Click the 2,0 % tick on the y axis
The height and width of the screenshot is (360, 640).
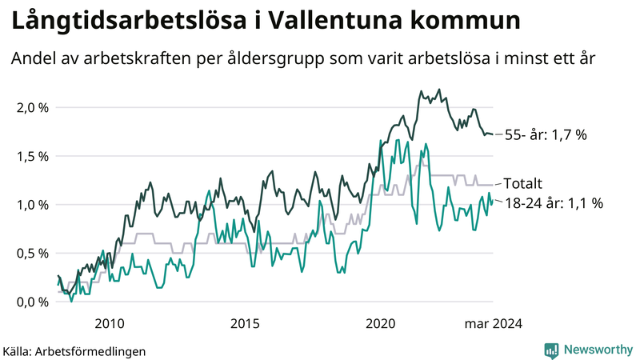(x=31, y=108)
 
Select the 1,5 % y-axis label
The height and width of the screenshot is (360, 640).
(x=31, y=157)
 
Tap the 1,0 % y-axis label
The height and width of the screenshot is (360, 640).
(x=31, y=205)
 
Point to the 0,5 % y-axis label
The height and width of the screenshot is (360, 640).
(x=31, y=254)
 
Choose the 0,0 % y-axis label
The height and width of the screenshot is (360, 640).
(x=31, y=302)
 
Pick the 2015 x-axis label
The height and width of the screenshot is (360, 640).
(x=245, y=323)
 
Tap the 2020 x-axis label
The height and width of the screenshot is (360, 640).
(x=381, y=323)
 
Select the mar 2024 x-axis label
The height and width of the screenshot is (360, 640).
(x=494, y=323)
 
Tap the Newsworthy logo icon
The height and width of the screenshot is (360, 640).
(x=551, y=350)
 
